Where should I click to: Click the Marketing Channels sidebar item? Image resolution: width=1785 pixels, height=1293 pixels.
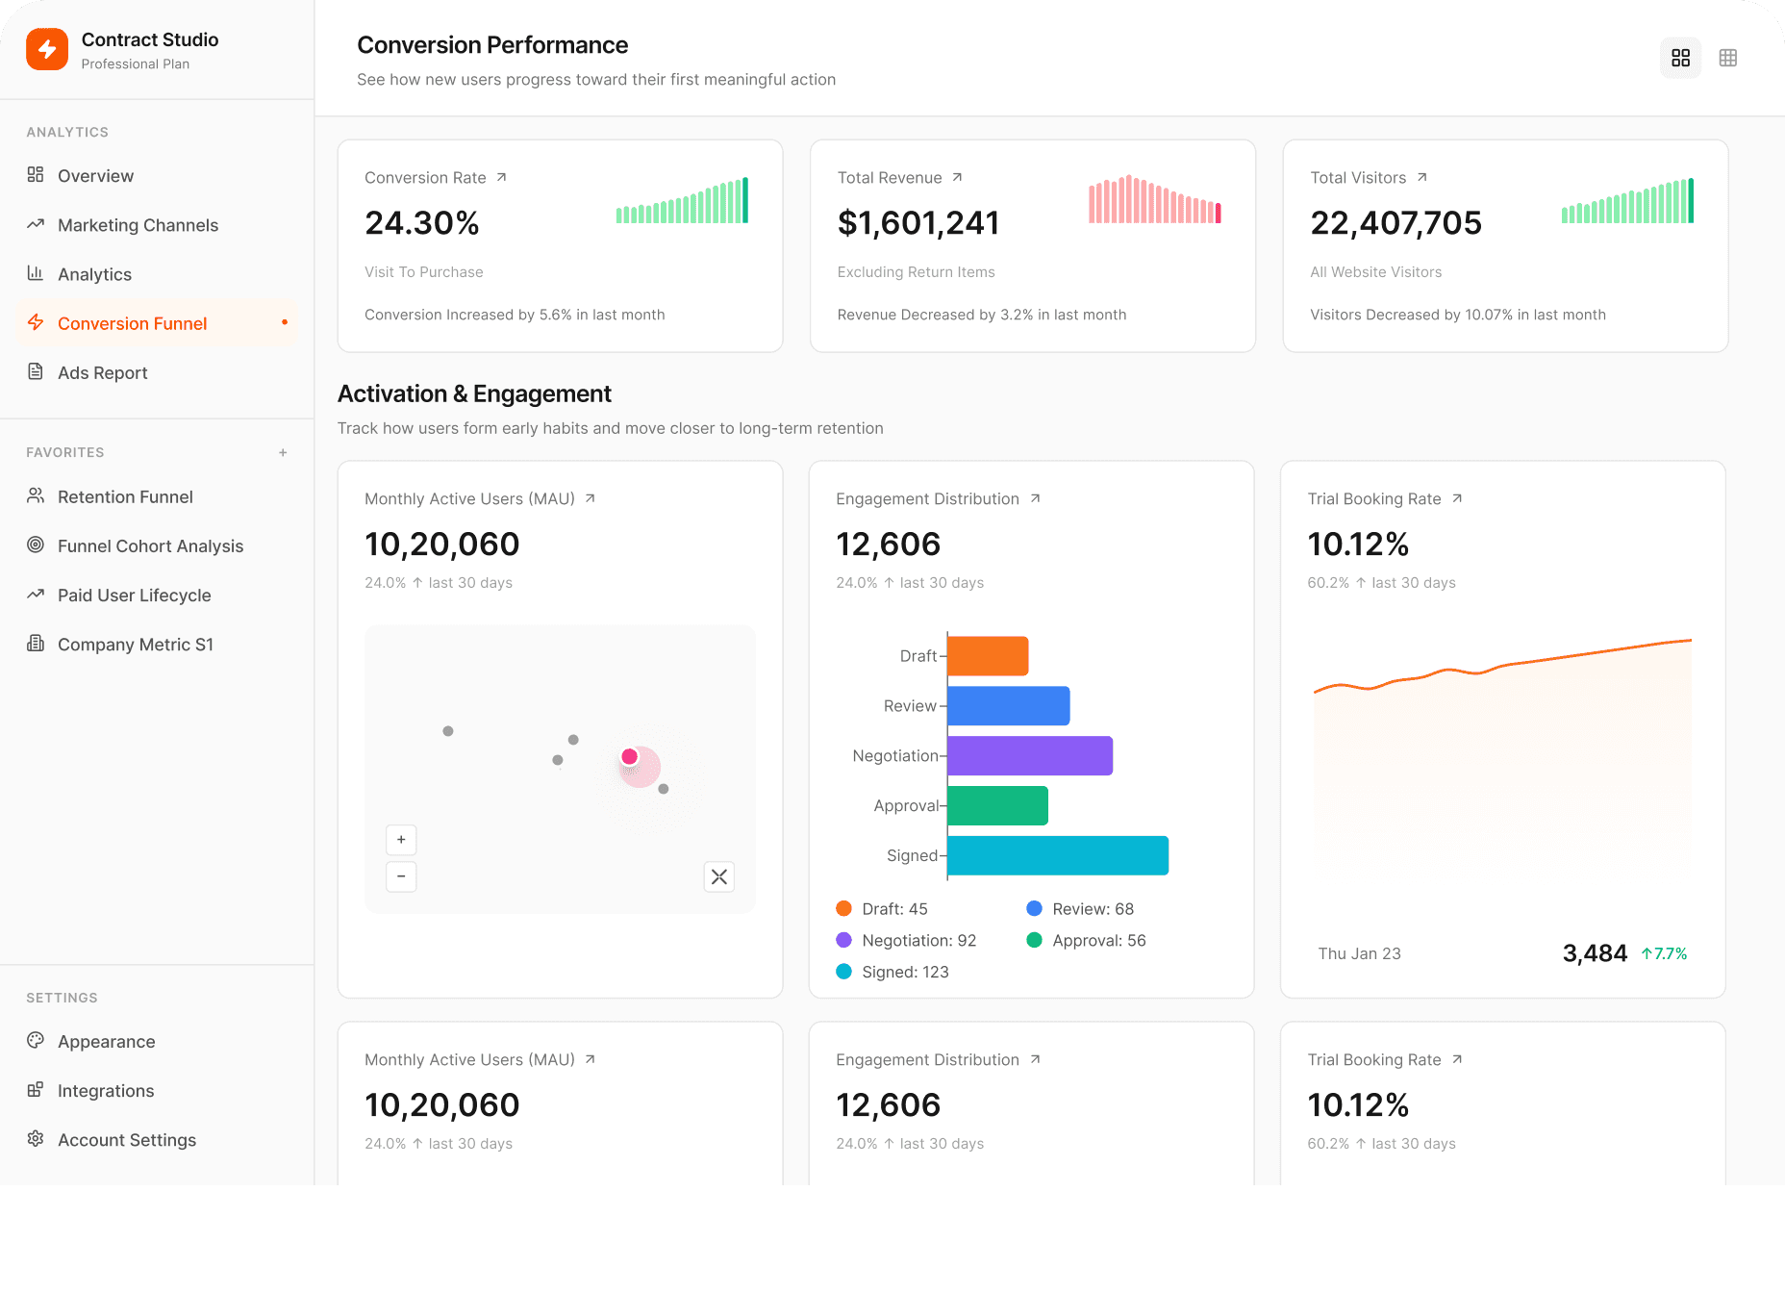click(x=138, y=225)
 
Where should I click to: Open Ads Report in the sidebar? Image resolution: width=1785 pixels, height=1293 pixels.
click(x=102, y=372)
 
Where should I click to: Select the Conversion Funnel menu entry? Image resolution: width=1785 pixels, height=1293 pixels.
click(x=132, y=323)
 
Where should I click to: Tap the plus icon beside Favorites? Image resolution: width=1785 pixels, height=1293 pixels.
click(x=283, y=452)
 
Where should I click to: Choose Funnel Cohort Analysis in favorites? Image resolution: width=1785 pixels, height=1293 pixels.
click(x=150, y=545)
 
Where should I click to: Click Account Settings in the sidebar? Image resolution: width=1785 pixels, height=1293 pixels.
click(x=126, y=1140)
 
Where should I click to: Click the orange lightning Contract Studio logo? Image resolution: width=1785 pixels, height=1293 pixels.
click(x=47, y=49)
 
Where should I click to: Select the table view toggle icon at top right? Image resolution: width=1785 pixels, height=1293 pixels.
click(x=1727, y=58)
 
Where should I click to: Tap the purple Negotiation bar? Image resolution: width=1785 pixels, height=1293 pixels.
click(x=1029, y=756)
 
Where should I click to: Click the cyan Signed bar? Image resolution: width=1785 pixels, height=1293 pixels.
click(x=1057, y=855)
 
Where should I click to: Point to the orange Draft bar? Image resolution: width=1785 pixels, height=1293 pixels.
click(x=988, y=656)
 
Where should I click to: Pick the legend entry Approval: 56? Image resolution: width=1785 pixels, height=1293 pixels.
click(x=1087, y=941)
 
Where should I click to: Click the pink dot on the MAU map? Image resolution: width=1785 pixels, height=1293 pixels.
click(x=630, y=757)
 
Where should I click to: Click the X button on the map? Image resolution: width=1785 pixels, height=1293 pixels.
click(x=718, y=876)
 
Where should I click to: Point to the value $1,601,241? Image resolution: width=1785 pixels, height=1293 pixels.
click(x=918, y=223)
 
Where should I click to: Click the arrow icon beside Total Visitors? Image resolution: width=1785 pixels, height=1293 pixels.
click(x=1421, y=177)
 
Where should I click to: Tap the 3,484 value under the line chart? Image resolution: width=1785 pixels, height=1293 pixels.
click(x=1595, y=953)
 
